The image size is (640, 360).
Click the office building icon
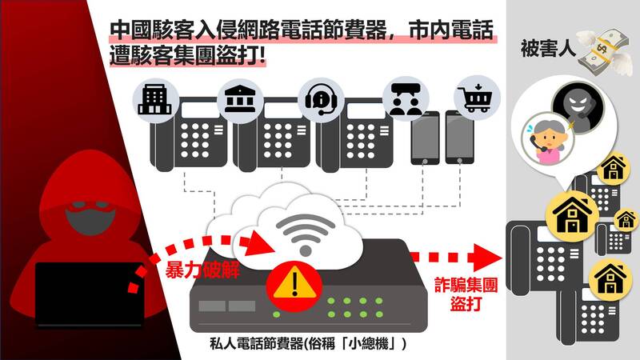pyautogui.click(x=154, y=99)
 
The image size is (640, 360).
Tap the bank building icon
pyautogui.click(x=239, y=99)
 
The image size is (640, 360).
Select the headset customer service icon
pyautogui.click(x=321, y=99)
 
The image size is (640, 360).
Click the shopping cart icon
pyautogui.click(x=475, y=98)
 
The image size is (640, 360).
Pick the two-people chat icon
pyautogui.click(x=406, y=99)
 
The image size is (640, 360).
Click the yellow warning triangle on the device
pyautogui.click(x=294, y=284)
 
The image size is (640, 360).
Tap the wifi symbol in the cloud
pyautogui.click(x=306, y=234)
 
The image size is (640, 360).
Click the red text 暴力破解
pyautogui.click(x=202, y=270)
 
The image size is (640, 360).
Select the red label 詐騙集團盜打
pyautogui.click(x=466, y=294)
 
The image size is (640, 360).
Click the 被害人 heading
pyautogui.click(x=548, y=49)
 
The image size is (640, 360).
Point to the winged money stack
pyautogui.click(x=604, y=52)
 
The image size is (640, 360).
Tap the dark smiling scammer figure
pyautogui.click(x=577, y=103)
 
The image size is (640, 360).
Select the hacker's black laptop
pyautogui.click(x=89, y=294)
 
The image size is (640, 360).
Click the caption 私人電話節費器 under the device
pyautogui.click(x=257, y=344)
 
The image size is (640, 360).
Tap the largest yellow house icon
pyautogui.click(x=572, y=215)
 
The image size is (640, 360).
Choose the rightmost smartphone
pyautogui.click(x=459, y=137)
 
